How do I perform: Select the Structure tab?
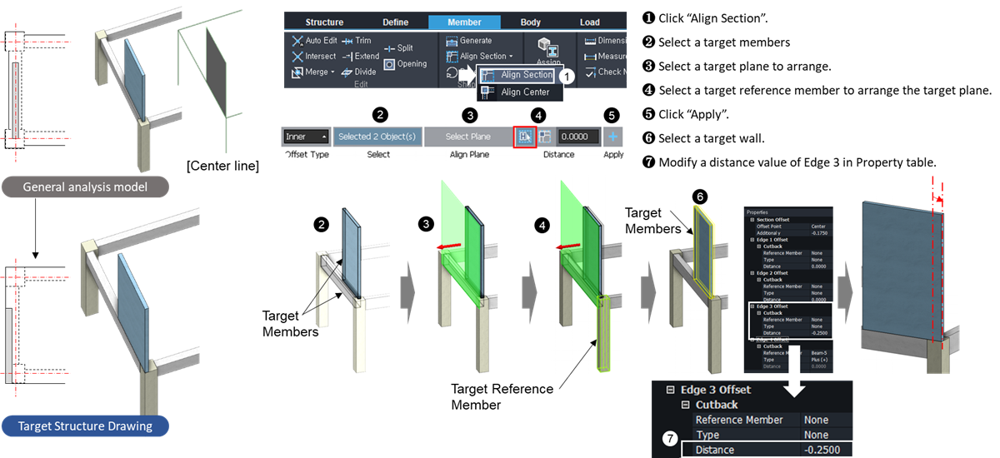pos(324,22)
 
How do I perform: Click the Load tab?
pos(589,22)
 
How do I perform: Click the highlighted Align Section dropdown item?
pos(524,75)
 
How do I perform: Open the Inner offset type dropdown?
pos(305,137)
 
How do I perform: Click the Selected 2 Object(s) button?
pos(378,137)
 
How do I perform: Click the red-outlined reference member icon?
pos(525,137)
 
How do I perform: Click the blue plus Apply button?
pos(613,137)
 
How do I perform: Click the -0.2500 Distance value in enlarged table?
pos(821,450)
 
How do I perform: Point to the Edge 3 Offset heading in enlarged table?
pos(715,390)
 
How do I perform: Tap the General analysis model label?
pos(87,187)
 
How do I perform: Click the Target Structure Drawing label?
pos(87,426)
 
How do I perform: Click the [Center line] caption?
pos(223,166)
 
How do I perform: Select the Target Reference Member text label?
pos(502,396)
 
